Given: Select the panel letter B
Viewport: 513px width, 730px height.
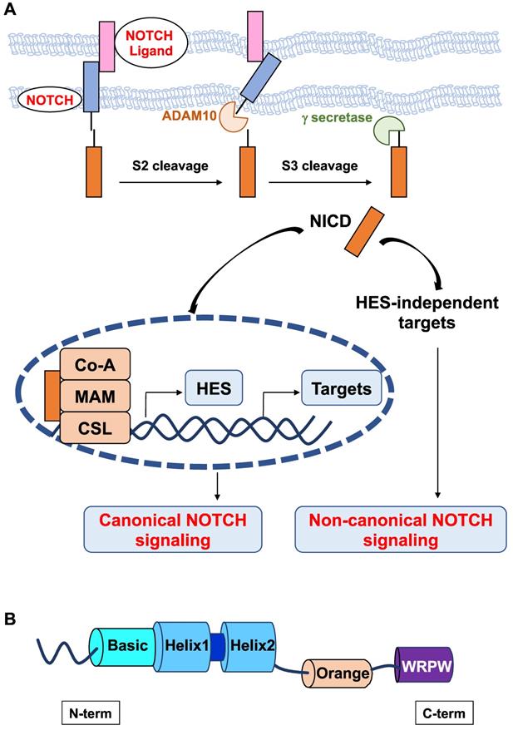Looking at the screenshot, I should click(10, 619).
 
